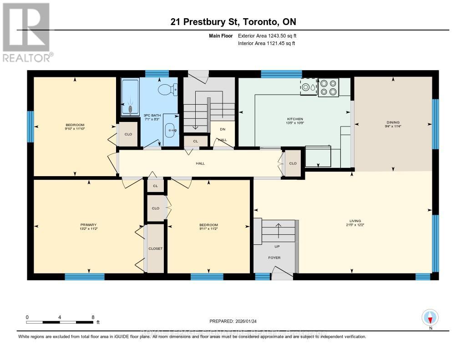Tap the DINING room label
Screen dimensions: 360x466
(x=393, y=122)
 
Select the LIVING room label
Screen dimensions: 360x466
(x=355, y=221)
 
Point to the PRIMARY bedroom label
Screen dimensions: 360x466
(x=89, y=224)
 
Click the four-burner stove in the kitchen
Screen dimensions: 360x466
(x=328, y=88)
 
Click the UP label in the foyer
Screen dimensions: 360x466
(x=277, y=246)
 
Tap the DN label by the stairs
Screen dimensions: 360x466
(x=223, y=129)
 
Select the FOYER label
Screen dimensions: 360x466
(x=274, y=258)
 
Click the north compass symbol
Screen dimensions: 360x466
(x=430, y=317)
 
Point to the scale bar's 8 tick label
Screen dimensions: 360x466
(x=93, y=317)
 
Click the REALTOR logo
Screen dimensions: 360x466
(x=26, y=32)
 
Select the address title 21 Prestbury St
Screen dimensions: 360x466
(x=233, y=22)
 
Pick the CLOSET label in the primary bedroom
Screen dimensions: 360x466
(x=155, y=248)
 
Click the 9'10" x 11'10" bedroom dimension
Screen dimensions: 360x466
(x=75, y=129)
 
